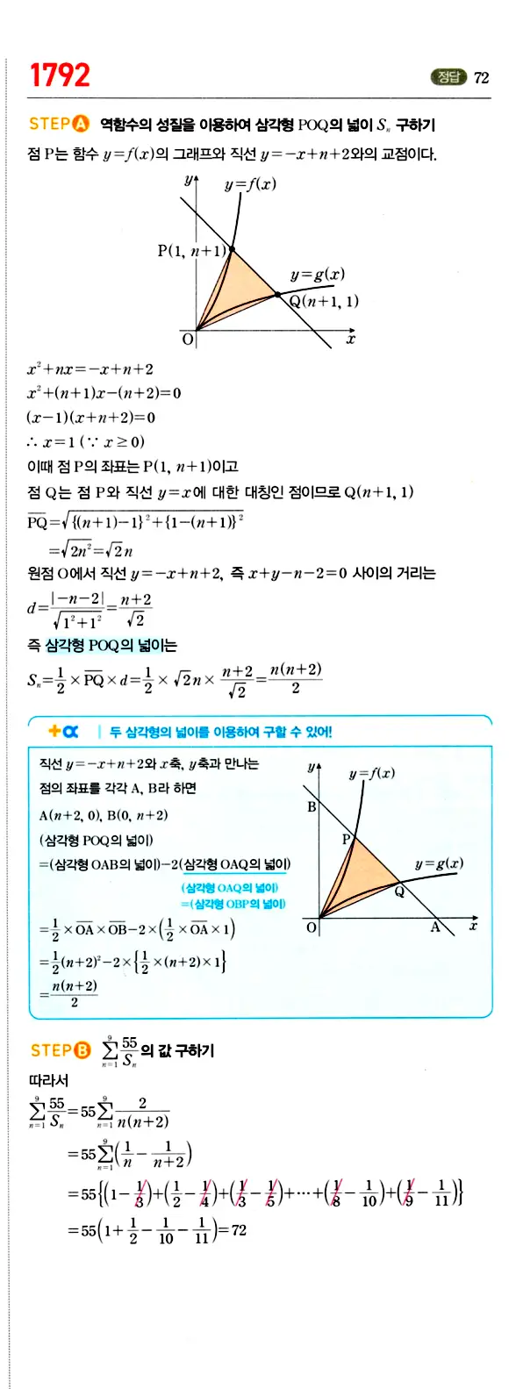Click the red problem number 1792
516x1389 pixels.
pyautogui.click(x=60, y=75)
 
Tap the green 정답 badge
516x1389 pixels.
pyautogui.click(x=448, y=77)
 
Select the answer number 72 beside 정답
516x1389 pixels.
pyautogui.click(x=481, y=77)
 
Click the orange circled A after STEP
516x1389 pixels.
pyautogui.click(x=82, y=124)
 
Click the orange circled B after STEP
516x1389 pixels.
pyautogui.click(x=82, y=1049)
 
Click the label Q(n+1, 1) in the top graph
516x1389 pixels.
pyautogui.click(x=325, y=301)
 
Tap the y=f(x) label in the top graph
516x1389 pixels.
pyautogui.click(x=250, y=184)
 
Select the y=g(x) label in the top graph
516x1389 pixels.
pyautogui.click(x=318, y=274)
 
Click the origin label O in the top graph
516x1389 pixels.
pyautogui.click(x=187, y=339)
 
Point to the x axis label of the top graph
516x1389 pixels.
pyautogui.click(x=350, y=339)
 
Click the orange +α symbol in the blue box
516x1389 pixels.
pyautogui.click(x=63, y=731)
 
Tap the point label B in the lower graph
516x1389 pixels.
pyautogui.click(x=311, y=806)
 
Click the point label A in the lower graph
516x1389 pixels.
pyautogui.click(x=434, y=927)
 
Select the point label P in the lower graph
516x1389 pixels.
pyautogui.click(x=346, y=840)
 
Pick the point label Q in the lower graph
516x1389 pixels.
pyautogui.click(x=399, y=891)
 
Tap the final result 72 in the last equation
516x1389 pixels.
pyautogui.click(x=239, y=1230)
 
